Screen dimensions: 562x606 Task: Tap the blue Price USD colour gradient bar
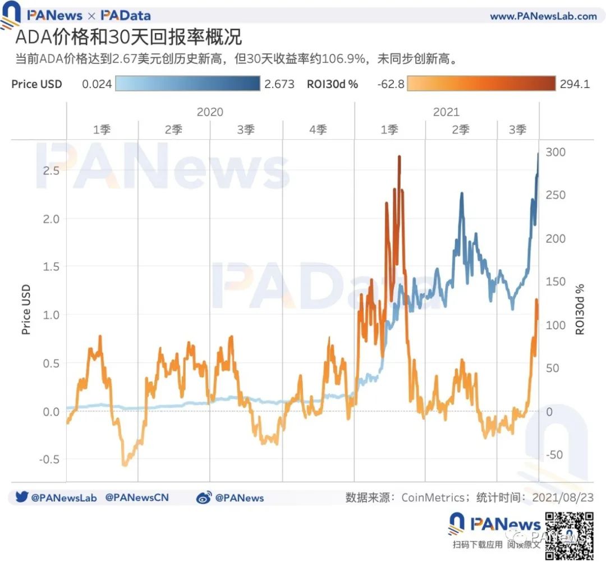(188, 84)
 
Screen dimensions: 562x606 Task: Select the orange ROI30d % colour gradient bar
(481, 84)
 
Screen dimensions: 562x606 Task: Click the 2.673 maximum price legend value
(279, 85)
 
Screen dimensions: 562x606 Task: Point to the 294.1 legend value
(575, 85)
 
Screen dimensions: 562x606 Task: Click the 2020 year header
(210, 112)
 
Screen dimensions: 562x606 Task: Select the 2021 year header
(446, 112)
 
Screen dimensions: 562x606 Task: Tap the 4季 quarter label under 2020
(318, 130)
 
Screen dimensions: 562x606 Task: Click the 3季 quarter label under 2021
(517, 130)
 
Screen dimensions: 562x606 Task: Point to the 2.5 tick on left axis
(52, 171)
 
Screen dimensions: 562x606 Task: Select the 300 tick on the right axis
(556, 153)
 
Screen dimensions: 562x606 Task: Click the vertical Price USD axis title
(26, 310)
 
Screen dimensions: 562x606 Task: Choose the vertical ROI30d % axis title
(580, 309)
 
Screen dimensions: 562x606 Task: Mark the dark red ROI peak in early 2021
(399, 158)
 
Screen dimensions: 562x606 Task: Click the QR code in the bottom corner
(570, 535)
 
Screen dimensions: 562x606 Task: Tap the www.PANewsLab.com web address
(543, 16)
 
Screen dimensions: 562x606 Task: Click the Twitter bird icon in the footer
(21, 497)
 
